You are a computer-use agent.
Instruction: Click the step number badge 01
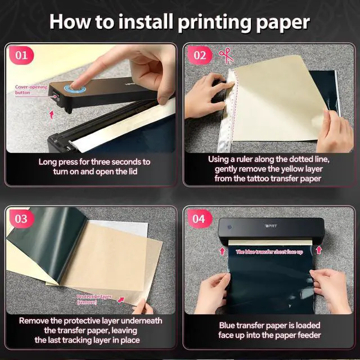coord(21,55)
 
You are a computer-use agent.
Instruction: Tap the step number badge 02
coord(200,55)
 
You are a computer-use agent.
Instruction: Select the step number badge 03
coord(21,219)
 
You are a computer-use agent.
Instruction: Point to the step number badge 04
coord(199,219)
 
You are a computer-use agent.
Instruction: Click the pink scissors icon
coord(226,56)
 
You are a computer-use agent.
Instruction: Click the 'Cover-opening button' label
coord(31,90)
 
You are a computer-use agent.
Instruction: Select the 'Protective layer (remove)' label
coord(94,300)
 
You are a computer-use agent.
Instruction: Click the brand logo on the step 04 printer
coord(271,226)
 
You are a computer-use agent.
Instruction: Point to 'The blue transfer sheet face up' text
coord(269,252)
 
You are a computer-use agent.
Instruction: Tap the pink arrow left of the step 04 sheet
coord(222,251)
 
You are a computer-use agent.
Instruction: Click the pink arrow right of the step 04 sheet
coord(319,250)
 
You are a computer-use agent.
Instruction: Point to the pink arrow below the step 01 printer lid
coord(52,115)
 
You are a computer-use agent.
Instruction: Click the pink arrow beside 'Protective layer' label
coord(121,300)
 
